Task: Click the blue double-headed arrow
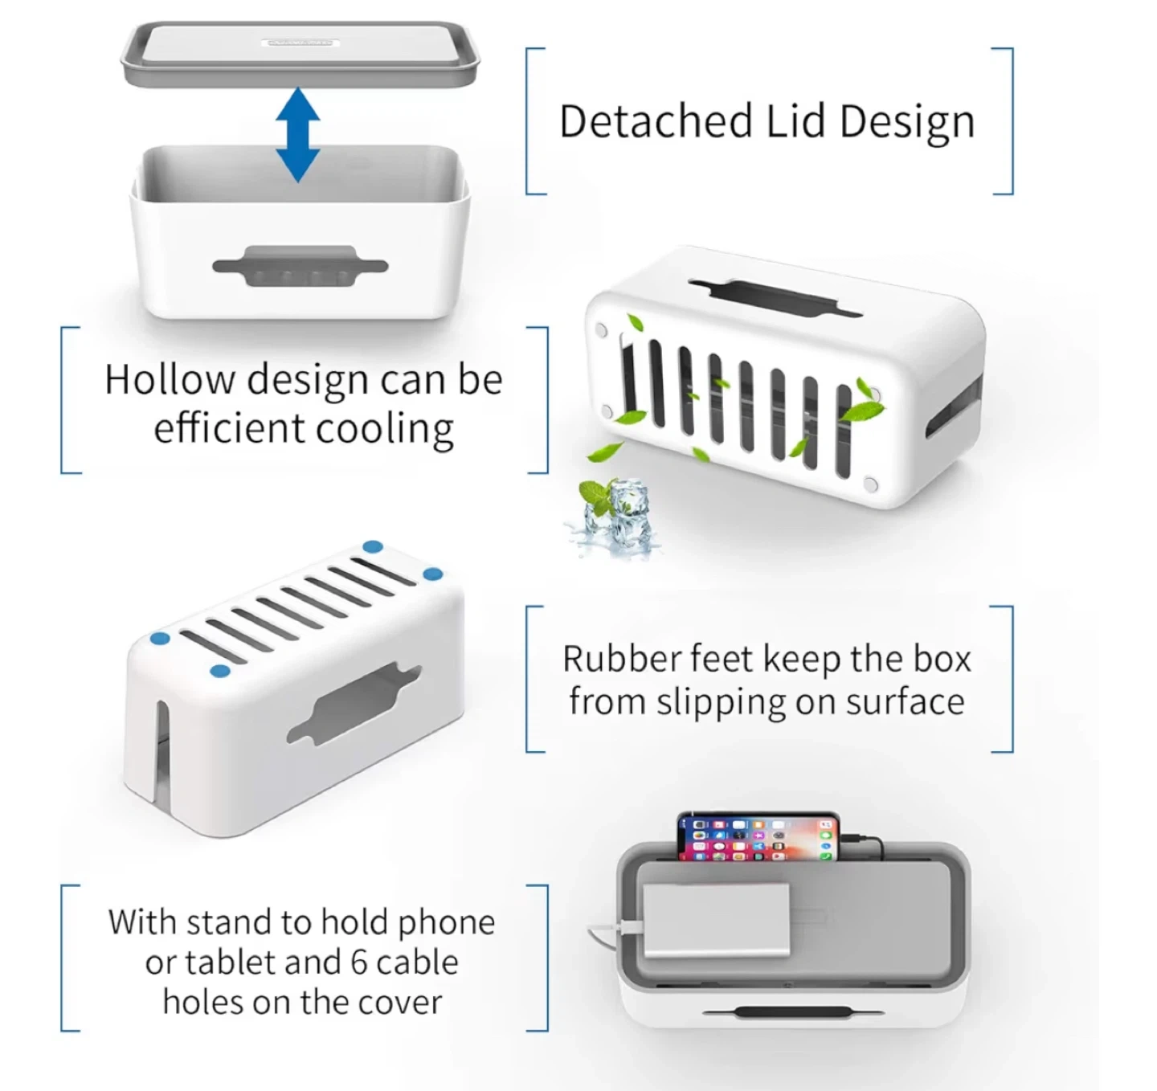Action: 298,134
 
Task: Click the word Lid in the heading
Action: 795,121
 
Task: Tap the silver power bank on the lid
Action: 715,921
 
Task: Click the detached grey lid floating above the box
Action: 300,55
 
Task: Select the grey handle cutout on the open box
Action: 300,266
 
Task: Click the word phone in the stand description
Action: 447,922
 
